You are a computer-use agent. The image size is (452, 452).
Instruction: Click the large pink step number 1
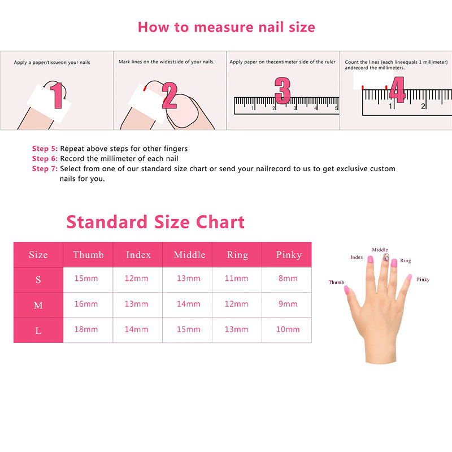(x=57, y=95)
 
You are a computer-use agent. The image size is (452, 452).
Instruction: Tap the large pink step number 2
(x=169, y=95)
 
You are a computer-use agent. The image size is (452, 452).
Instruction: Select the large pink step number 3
(x=282, y=90)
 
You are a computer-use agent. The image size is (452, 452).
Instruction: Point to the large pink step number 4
(x=398, y=89)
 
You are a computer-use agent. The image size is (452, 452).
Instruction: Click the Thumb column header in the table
(x=88, y=255)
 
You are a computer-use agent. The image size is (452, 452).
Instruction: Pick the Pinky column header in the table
(x=289, y=255)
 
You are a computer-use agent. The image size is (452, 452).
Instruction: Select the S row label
(x=38, y=280)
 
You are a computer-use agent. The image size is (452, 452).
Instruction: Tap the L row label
(x=38, y=331)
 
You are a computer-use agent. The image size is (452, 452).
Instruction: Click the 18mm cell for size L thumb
(x=86, y=329)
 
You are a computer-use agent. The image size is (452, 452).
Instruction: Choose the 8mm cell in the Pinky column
(x=288, y=278)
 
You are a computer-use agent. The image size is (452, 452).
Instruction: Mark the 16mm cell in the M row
(x=86, y=304)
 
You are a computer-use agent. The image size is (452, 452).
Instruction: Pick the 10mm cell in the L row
(x=288, y=329)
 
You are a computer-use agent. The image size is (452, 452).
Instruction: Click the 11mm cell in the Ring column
(x=236, y=278)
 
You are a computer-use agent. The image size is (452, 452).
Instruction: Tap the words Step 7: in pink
(x=45, y=168)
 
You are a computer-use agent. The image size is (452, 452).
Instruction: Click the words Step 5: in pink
(x=45, y=149)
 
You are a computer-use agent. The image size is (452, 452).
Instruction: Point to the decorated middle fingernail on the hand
(x=386, y=257)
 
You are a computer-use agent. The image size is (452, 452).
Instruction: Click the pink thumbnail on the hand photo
(x=346, y=290)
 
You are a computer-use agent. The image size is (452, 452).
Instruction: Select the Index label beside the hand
(x=357, y=257)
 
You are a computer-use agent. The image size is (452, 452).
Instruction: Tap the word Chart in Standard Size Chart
(x=220, y=222)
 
